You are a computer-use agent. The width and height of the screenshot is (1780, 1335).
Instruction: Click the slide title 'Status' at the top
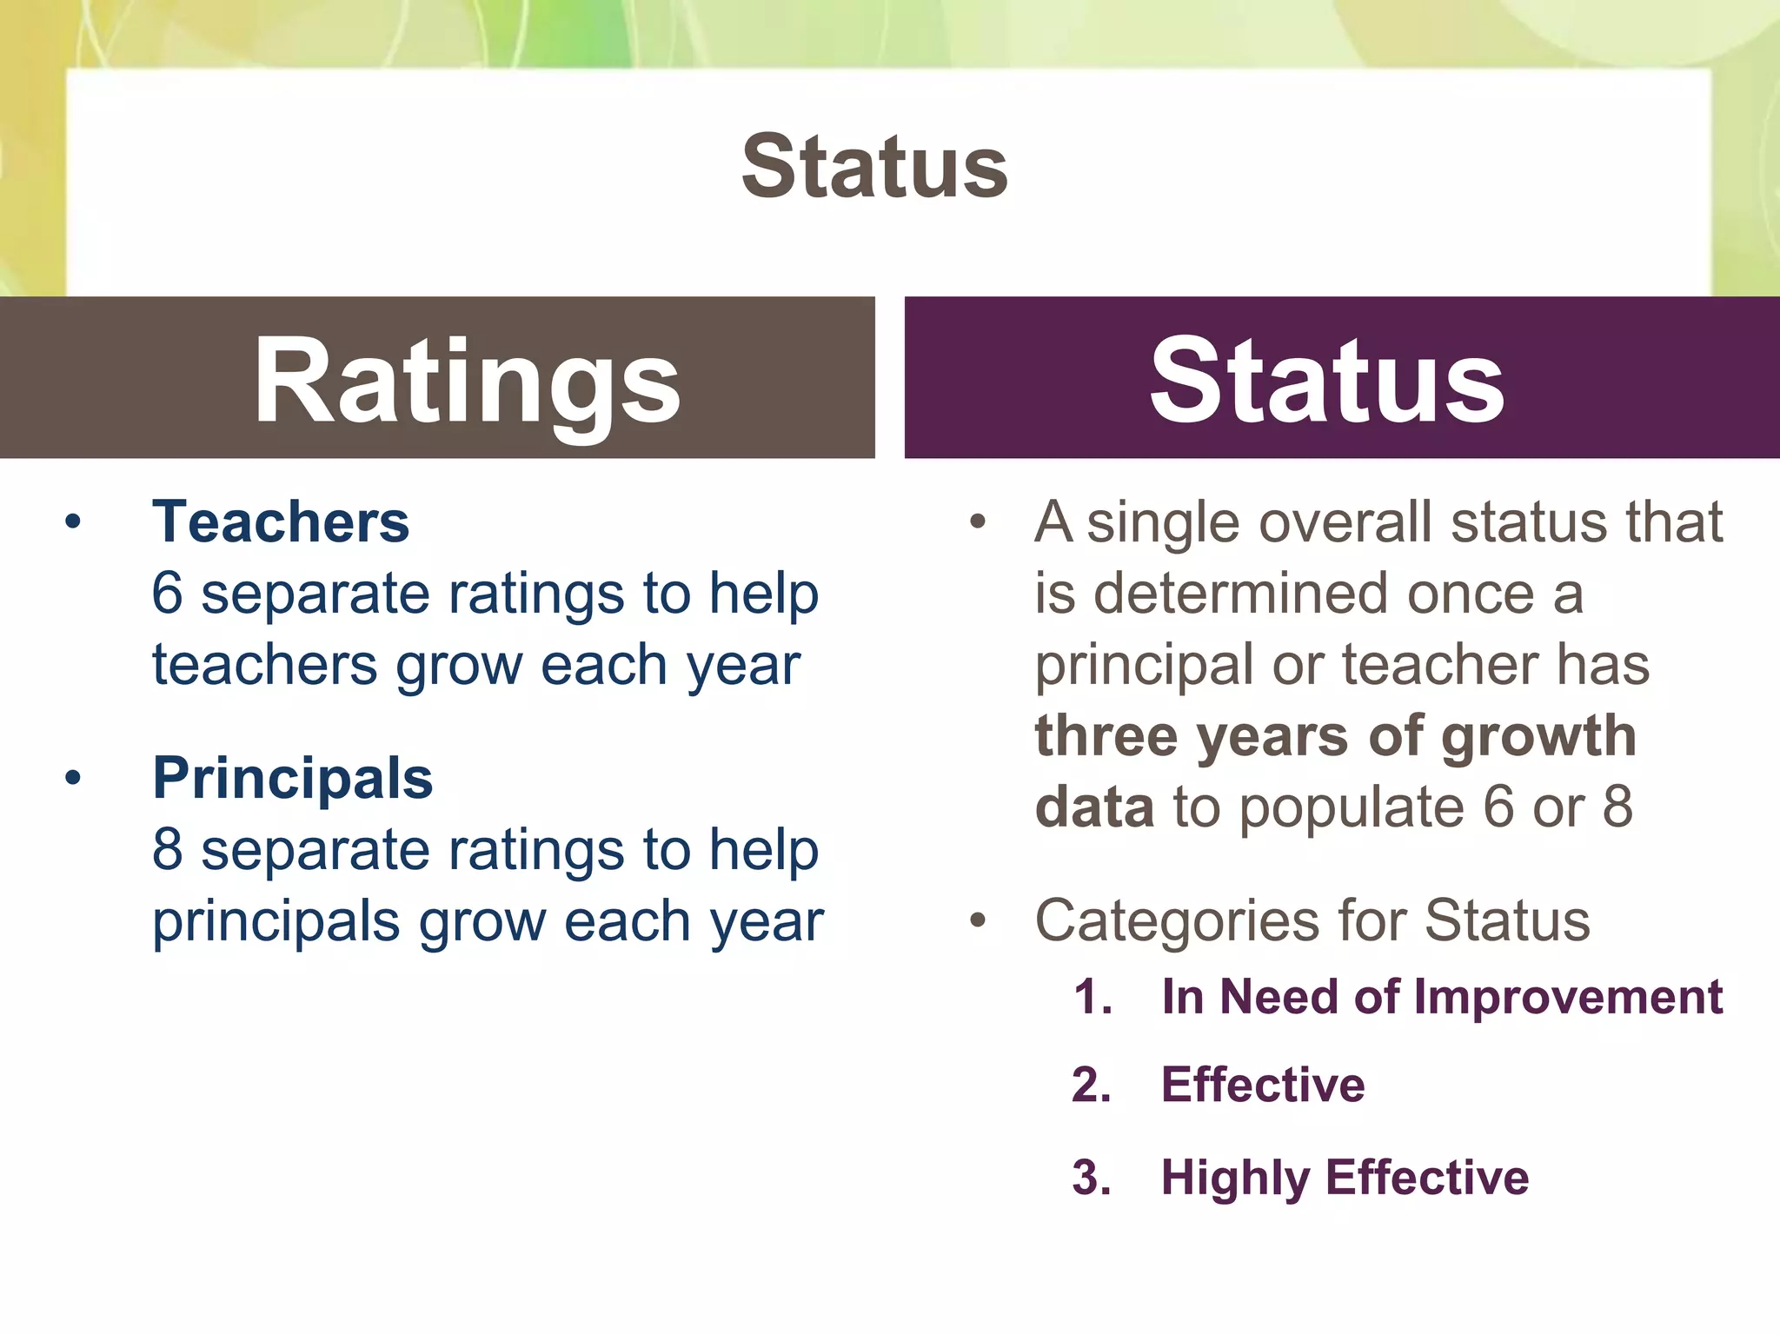pos(874,166)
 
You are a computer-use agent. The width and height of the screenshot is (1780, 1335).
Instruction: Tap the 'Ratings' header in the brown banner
pos(467,381)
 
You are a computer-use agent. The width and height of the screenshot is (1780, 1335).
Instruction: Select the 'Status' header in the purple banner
pos(1326,381)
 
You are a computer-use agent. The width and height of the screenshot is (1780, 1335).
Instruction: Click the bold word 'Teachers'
pos(281,522)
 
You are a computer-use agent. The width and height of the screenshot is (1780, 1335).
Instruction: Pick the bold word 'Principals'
pos(293,778)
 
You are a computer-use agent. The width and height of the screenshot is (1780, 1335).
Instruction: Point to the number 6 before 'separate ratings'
pos(168,594)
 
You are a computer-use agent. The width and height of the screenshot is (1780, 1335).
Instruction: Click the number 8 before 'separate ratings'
pos(168,849)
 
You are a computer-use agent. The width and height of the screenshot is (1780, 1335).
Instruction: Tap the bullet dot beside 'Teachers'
pos(73,522)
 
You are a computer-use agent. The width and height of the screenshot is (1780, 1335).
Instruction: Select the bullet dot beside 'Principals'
pos(73,778)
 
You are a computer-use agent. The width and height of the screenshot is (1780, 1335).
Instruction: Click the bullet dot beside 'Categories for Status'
pos(979,920)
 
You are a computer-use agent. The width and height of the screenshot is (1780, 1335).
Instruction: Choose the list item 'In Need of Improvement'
pos(1442,997)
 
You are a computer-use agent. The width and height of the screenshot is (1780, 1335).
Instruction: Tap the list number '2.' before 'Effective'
pos(1092,1086)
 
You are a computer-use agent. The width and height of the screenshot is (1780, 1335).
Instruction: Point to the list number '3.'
pos(1092,1179)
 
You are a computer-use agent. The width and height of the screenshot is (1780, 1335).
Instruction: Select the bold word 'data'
pos(1094,807)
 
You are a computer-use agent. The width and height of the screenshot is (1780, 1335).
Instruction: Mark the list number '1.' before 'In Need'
pos(1093,997)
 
